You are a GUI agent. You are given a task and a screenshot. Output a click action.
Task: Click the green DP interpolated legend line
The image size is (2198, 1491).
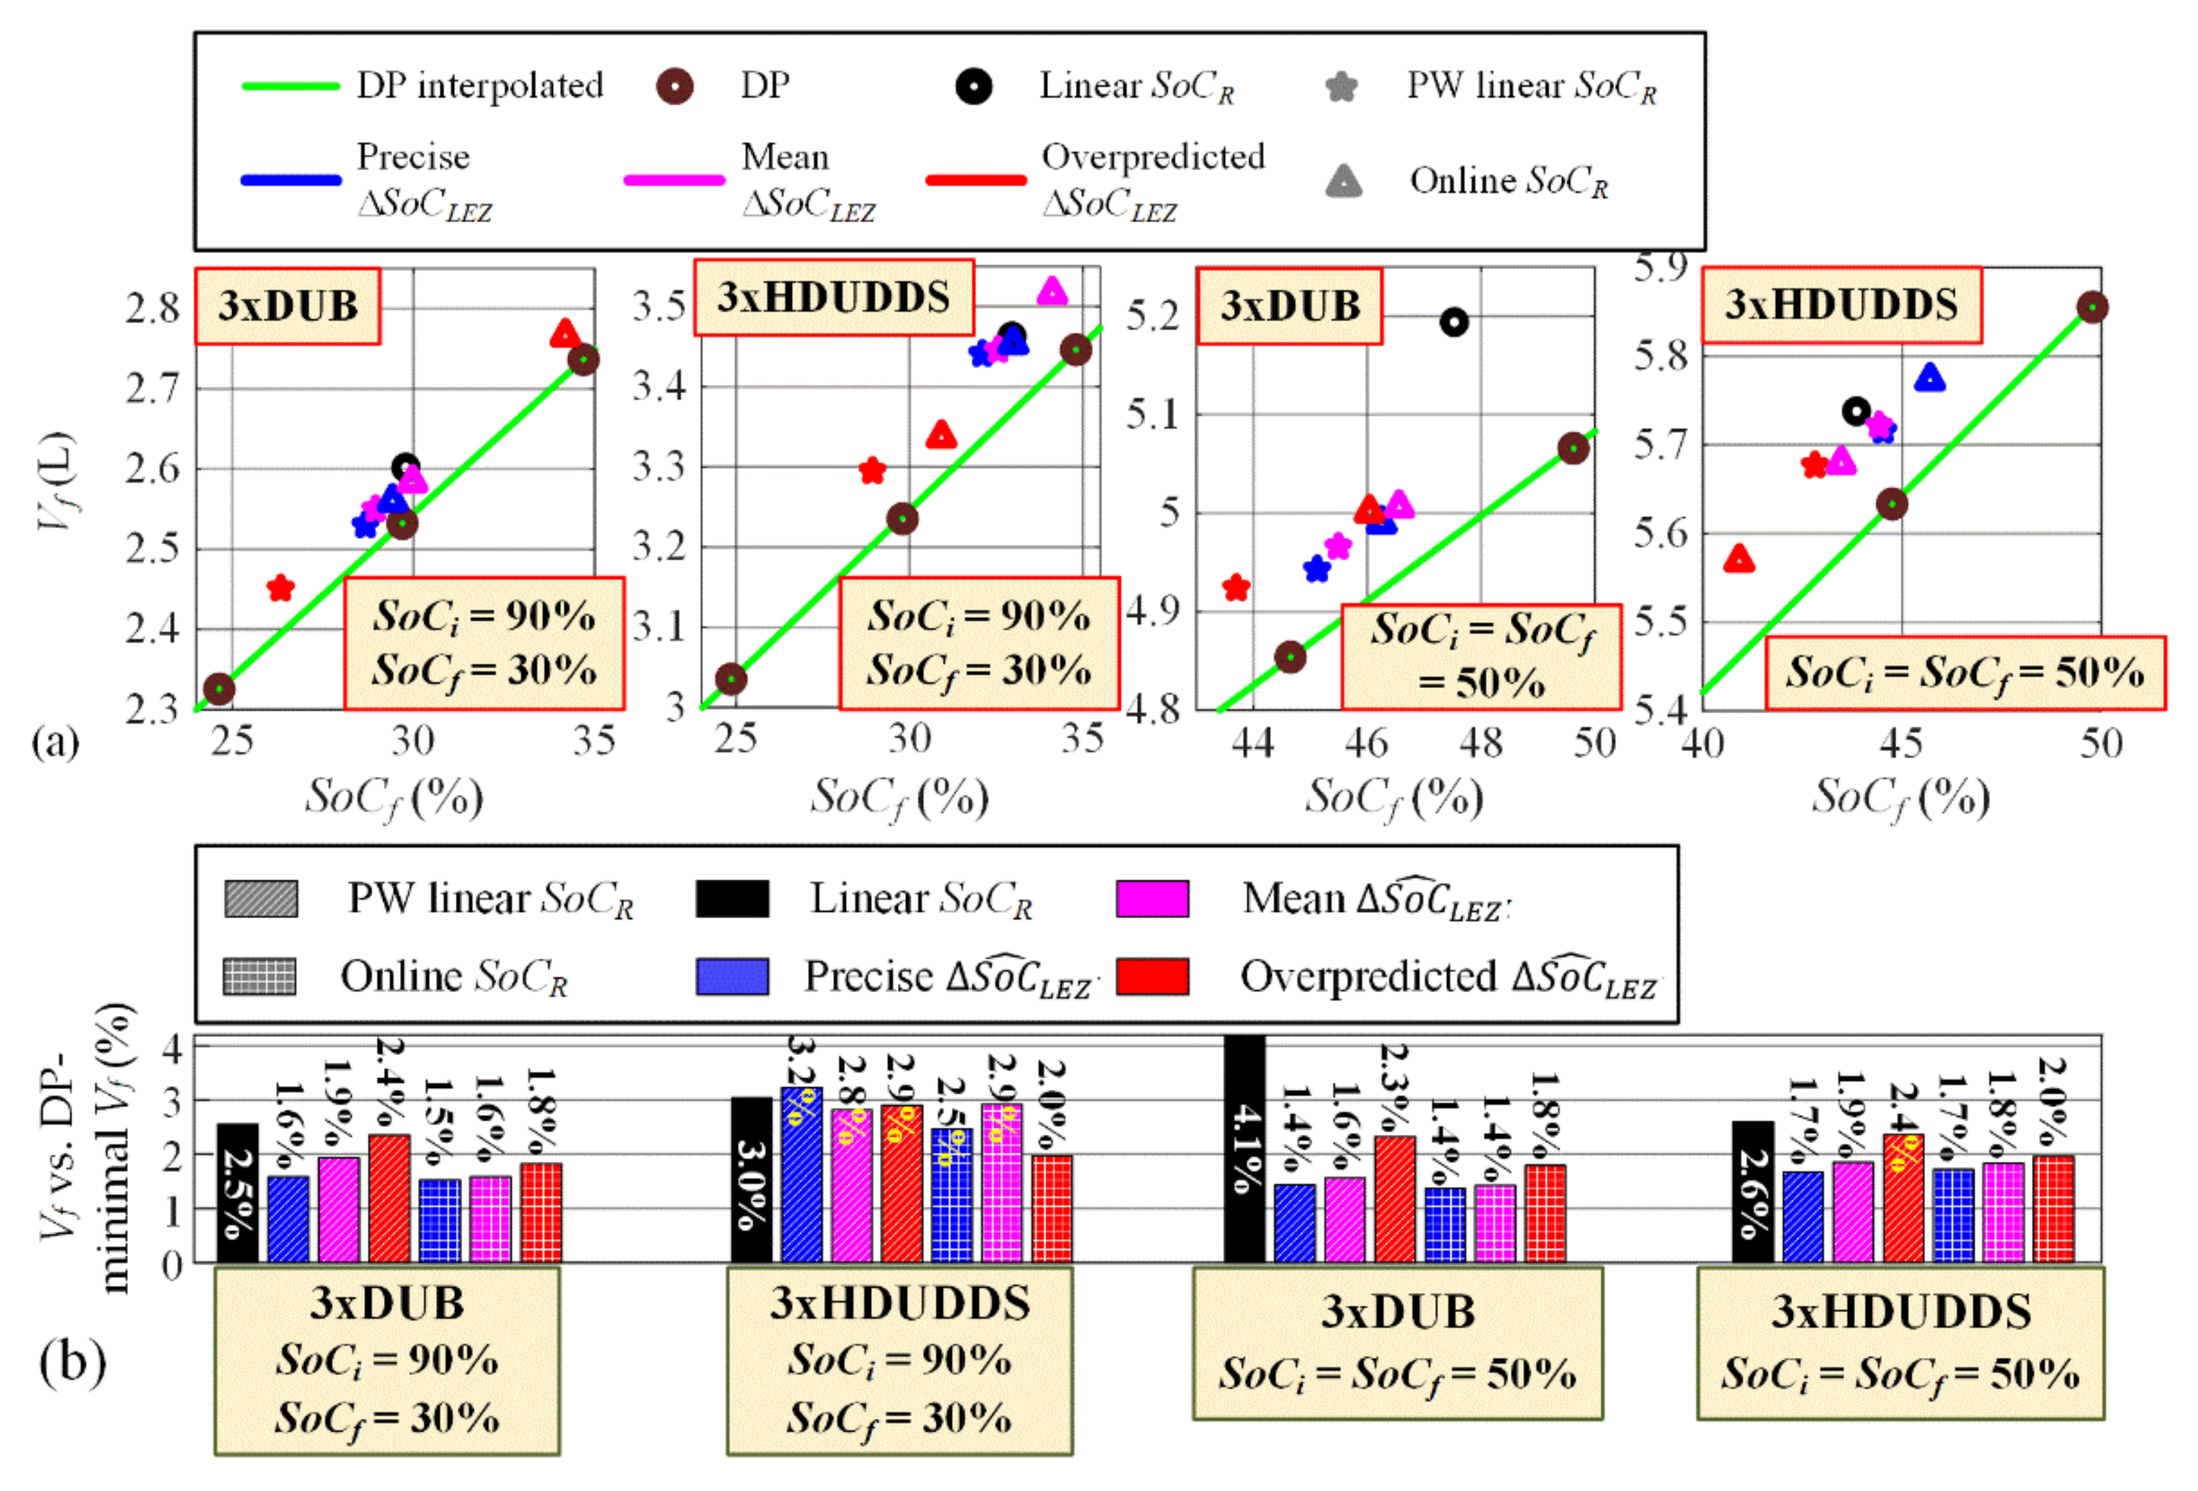pos(290,86)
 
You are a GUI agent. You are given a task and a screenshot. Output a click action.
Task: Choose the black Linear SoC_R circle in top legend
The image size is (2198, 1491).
pos(973,86)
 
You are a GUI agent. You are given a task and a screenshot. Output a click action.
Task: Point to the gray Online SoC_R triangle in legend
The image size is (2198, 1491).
pos(1344,181)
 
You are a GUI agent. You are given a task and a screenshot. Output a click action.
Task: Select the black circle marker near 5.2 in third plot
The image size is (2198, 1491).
pos(1454,323)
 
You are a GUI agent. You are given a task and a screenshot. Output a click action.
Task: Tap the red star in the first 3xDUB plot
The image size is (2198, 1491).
pos(280,588)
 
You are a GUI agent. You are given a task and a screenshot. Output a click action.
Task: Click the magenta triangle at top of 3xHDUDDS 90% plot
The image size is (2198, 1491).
pos(1052,292)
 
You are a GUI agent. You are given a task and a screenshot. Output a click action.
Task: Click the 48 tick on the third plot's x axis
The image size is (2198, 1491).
pos(1480,744)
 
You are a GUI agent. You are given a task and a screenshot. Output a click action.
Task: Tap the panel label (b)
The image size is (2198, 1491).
pos(72,1363)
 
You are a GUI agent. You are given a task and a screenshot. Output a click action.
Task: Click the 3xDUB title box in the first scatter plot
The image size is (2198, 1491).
pos(288,305)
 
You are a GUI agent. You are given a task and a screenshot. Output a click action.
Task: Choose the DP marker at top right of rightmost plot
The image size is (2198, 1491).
pos(2092,307)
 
